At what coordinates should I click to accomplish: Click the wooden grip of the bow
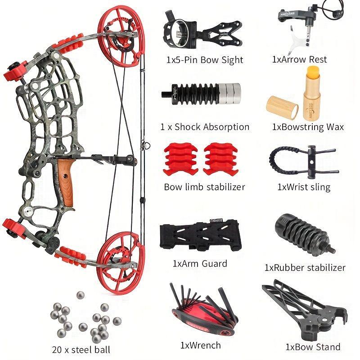66,182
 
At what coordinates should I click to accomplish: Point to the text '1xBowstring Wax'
308,126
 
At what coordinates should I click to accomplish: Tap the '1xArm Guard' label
200,263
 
